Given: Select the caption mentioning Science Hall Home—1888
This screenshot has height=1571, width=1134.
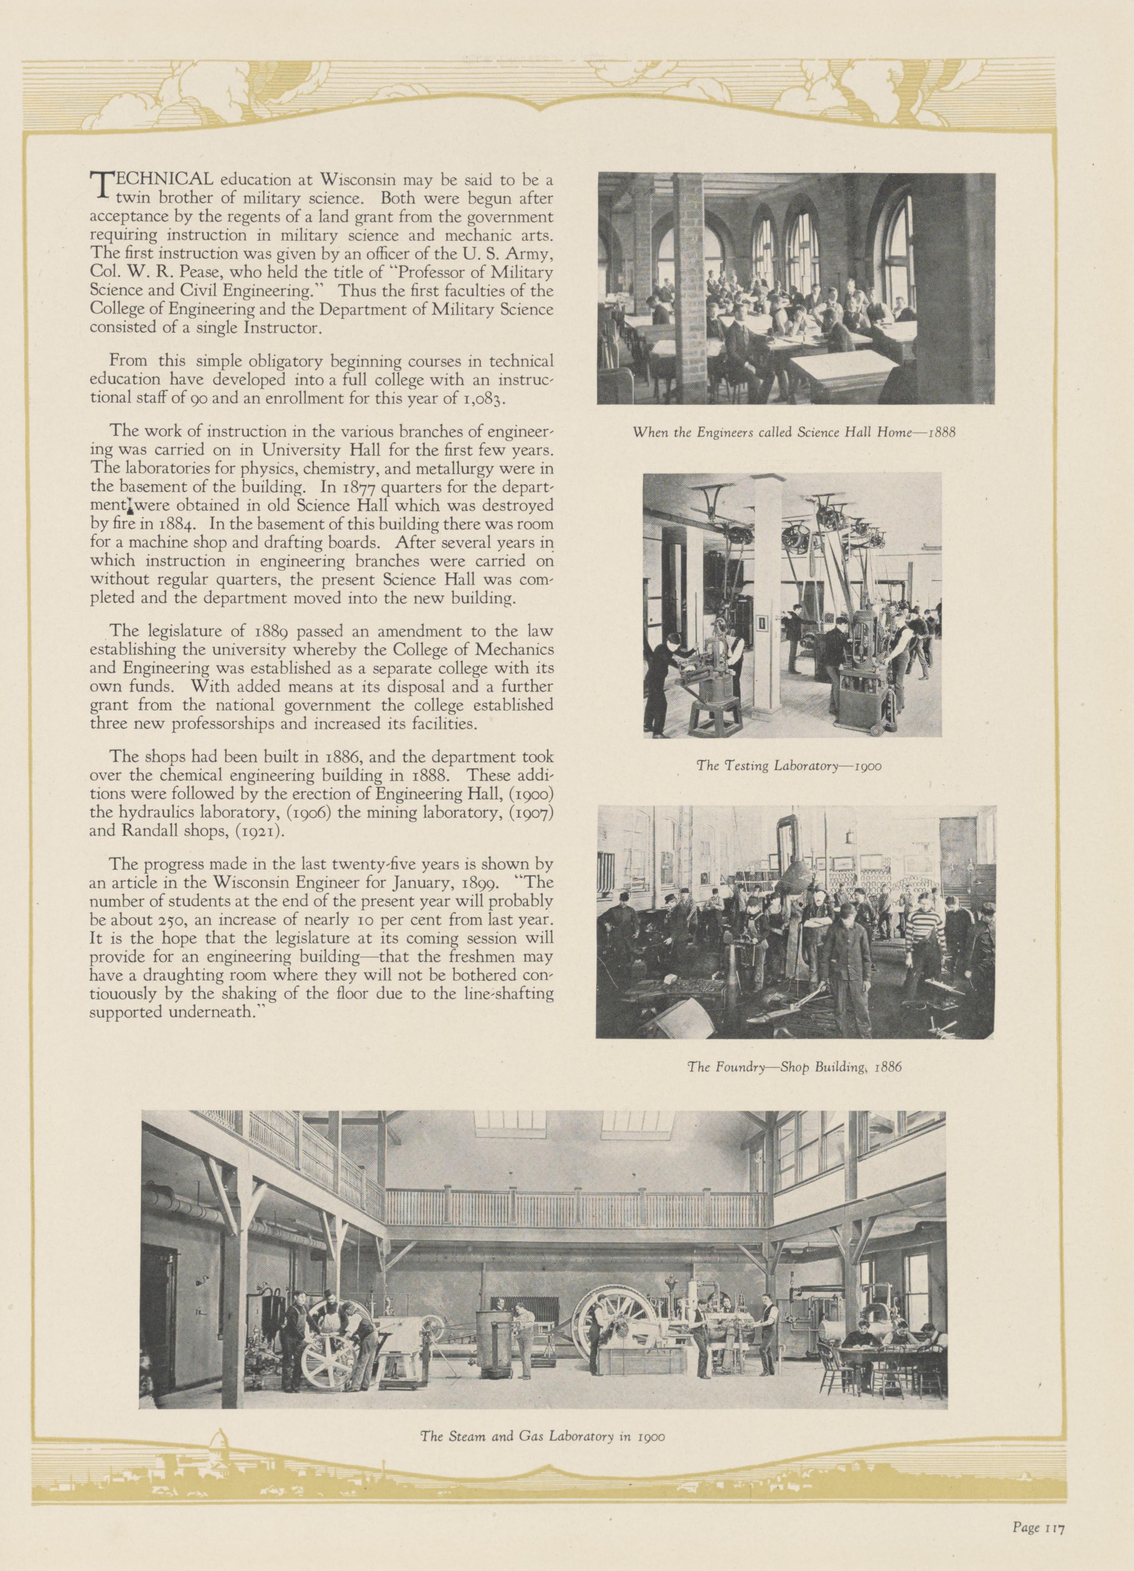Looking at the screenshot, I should click(795, 433).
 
